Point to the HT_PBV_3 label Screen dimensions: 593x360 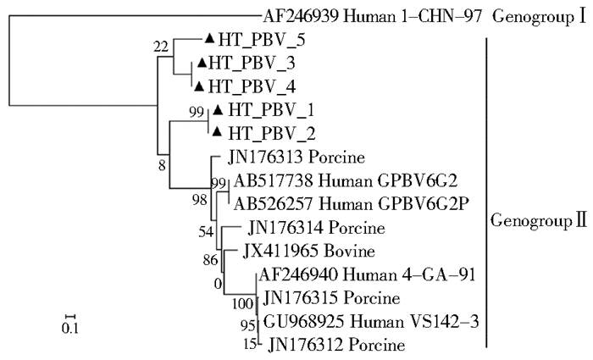(x=246, y=63)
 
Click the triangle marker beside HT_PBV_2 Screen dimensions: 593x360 (x=218, y=132)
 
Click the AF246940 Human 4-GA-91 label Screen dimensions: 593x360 (x=338, y=274)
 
